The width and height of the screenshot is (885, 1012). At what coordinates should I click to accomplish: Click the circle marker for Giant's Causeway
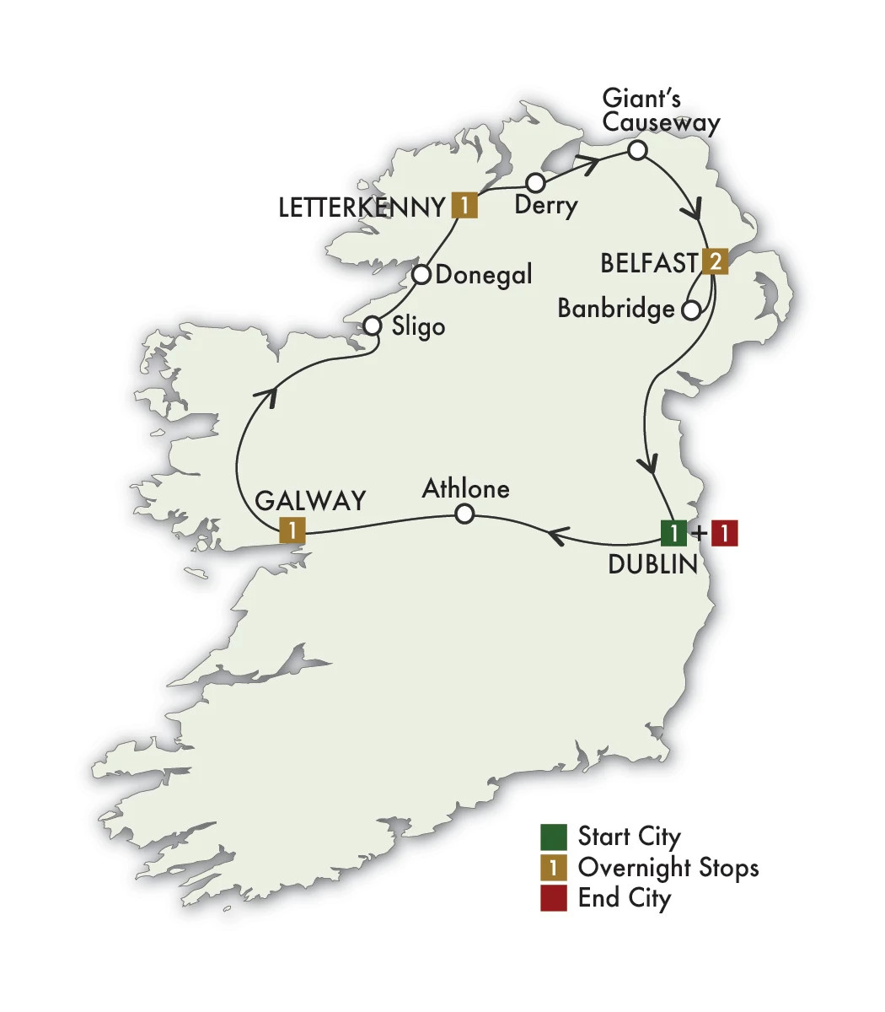638,151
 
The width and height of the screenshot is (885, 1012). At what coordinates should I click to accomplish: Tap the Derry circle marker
534,183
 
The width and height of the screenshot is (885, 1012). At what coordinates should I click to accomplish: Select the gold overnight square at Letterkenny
464,205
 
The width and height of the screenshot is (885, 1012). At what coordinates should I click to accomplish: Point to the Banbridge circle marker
690,310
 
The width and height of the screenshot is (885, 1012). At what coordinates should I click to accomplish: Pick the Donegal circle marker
422,275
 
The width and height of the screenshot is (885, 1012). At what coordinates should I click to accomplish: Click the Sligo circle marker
373,326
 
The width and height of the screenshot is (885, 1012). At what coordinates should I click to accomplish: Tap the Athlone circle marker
464,514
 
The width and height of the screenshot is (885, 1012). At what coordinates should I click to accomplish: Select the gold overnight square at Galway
291,530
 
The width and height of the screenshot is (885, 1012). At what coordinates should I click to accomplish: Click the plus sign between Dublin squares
699,534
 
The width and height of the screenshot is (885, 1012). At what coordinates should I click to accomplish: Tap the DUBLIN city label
652,564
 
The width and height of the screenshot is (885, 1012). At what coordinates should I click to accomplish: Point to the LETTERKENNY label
362,207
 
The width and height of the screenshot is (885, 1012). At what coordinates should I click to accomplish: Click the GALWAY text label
310,500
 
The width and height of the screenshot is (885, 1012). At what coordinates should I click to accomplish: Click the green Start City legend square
554,837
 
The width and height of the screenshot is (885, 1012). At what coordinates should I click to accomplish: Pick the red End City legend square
554,898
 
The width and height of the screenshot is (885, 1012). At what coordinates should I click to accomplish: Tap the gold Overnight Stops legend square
554,867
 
